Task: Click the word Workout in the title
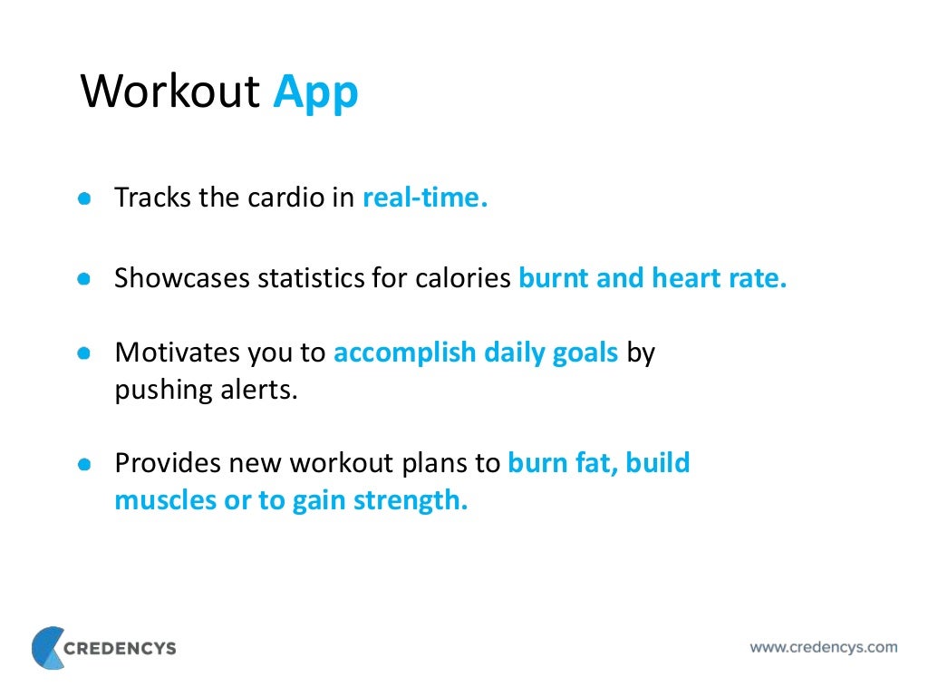tap(172, 92)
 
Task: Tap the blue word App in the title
tap(315, 93)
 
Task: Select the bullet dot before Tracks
tap(84, 198)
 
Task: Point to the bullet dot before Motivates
tap(84, 353)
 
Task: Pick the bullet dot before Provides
tap(84, 464)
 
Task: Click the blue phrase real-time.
tap(425, 198)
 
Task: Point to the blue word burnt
tap(554, 279)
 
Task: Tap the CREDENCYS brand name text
tap(121, 648)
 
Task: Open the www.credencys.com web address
tap(823, 647)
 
